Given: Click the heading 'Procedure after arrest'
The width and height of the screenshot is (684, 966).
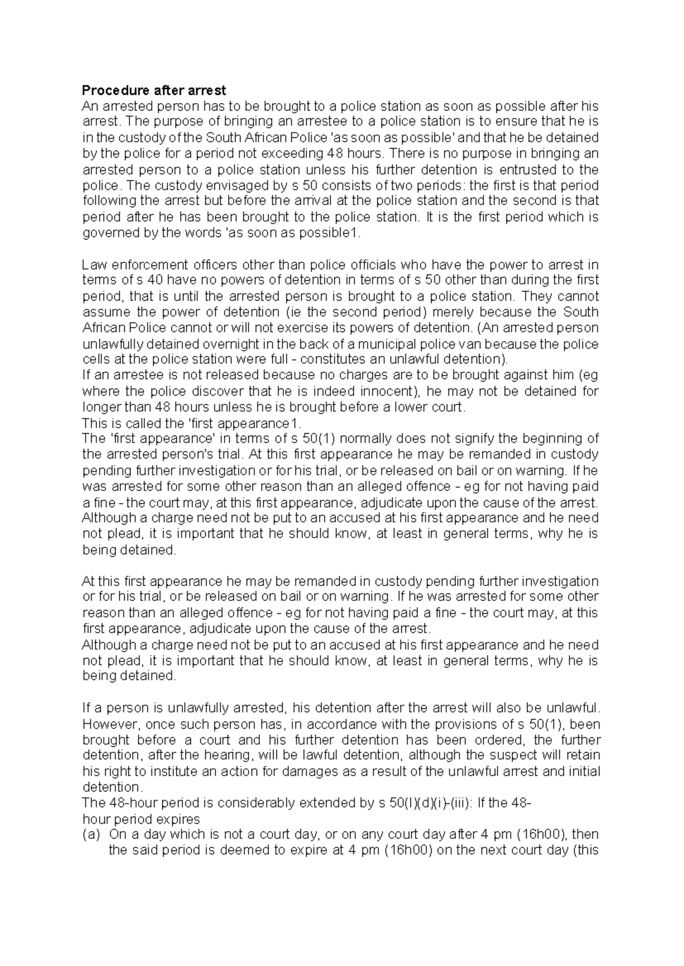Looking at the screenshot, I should (154, 90).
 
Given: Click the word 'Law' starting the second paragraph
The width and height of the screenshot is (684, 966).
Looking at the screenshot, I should (94, 265).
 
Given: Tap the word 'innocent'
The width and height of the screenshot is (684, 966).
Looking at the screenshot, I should (389, 392).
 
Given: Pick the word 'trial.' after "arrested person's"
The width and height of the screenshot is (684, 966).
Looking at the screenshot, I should (230, 455).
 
